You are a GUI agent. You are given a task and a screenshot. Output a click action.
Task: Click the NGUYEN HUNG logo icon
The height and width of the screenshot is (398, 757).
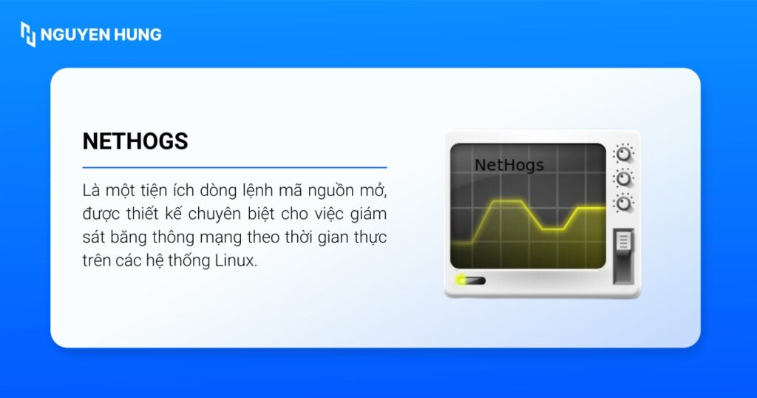[28, 34]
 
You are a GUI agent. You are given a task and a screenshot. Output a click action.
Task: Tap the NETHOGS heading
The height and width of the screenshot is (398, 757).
[135, 141]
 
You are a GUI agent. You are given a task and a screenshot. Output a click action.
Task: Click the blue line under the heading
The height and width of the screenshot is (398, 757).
[234, 168]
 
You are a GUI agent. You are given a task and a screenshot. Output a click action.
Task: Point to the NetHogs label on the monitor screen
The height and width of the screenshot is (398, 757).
[509, 164]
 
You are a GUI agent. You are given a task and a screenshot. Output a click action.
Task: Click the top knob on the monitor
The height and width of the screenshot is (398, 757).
[624, 154]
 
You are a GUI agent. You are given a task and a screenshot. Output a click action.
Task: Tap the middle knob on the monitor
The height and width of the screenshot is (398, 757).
[624, 178]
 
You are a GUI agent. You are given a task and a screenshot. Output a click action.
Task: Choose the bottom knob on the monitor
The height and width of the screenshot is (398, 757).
[624, 202]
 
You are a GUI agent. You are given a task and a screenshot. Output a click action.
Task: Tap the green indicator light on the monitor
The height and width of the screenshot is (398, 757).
[463, 280]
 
